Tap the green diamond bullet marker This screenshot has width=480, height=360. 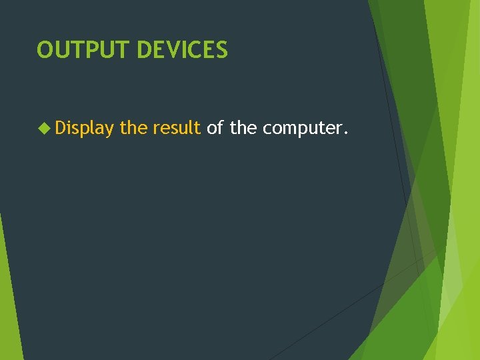pos(45,127)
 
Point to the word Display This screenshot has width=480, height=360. pos(85,128)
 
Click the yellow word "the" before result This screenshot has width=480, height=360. pos(133,127)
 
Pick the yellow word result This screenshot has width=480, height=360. pos(177,127)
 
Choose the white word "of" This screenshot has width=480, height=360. pos(215,127)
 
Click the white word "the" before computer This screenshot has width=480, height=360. pos(243,127)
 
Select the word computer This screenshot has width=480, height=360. pos(301,128)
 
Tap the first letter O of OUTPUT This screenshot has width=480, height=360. pos(45,49)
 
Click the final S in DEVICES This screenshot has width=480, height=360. pos(222,49)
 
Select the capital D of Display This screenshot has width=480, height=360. pos(61,127)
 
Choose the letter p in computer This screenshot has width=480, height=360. pos(305,130)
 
